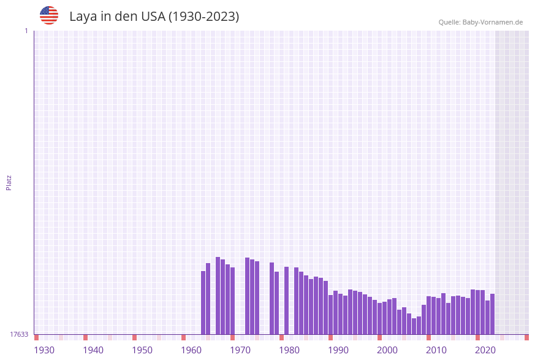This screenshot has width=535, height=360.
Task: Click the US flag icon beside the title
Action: coord(49,15)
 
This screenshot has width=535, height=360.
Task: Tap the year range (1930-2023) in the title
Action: coord(203,17)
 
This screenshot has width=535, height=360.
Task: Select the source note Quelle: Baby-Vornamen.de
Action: coord(480,22)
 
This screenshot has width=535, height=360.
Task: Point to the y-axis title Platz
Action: coord(9,182)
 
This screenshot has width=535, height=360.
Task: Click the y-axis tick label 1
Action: coord(26,31)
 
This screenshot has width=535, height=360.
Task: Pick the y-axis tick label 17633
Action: coord(19,334)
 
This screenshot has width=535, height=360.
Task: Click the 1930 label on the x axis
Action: coord(44,350)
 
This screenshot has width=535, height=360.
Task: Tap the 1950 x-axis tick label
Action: coord(142,350)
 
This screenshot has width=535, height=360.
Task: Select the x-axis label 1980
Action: coord(289,350)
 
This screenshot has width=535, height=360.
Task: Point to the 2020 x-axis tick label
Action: coord(485,350)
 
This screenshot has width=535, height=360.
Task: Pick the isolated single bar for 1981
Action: coord(287,301)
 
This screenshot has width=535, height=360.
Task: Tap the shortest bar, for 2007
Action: coord(414,326)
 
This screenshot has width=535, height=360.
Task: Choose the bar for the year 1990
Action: coord(331,315)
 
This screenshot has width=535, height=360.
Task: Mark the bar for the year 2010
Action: coord(429,315)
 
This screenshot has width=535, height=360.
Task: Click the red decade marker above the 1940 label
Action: coord(86,337)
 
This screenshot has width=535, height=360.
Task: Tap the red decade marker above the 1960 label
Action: coord(184,337)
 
